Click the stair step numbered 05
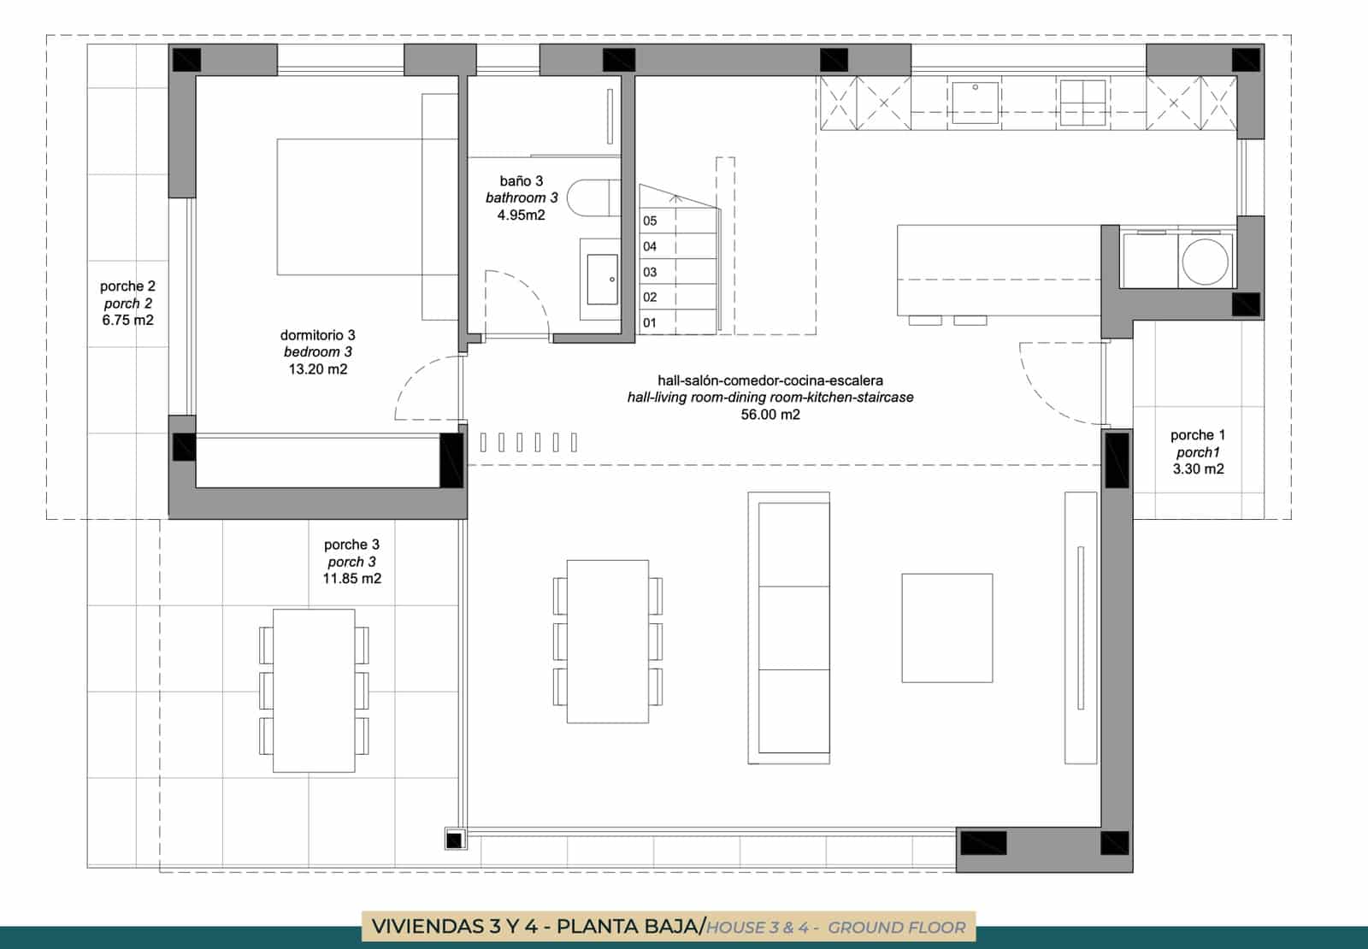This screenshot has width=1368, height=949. [678, 221]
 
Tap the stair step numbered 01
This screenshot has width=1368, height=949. [678, 321]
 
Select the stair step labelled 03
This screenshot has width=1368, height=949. [678, 271]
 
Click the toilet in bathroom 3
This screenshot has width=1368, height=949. [593, 197]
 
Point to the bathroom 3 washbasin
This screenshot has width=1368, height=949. [602, 279]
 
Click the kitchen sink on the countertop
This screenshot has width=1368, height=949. [975, 102]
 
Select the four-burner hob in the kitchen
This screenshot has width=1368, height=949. [1082, 103]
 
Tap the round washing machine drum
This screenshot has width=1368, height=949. [1205, 262]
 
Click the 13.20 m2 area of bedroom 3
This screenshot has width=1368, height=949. [318, 368]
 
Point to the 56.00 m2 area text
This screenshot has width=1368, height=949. [770, 415]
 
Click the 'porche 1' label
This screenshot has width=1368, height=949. [1198, 435]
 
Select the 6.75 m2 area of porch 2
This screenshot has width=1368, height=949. [127, 320]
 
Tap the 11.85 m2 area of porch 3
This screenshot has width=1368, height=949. [351, 578]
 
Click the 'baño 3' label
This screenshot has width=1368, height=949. [521, 180]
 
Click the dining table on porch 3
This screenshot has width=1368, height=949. [314, 691]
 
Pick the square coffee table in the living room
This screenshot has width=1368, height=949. [947, 628]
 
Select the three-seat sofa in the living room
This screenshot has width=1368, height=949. [789, 628]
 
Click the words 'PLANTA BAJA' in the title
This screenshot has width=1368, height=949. [628, 927]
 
